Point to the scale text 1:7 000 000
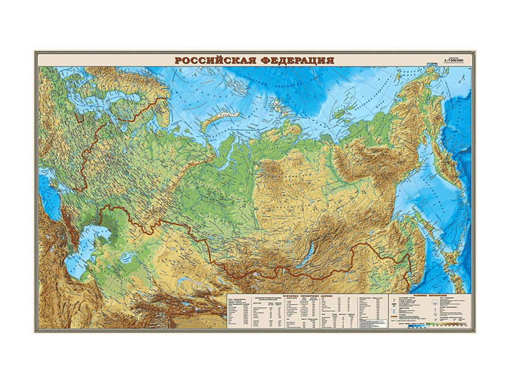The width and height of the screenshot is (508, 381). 451,61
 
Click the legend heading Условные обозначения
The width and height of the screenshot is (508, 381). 443,295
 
